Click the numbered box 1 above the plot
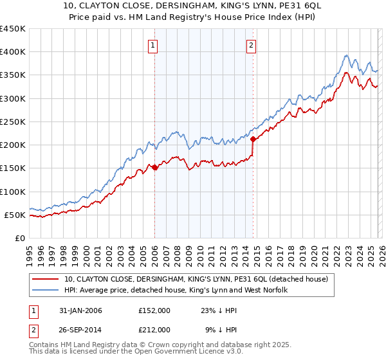[x=153, y=45]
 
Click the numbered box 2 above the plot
[x=250, y=45]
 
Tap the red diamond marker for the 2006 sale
[x=154, y=167]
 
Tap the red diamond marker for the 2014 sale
[x=253, y=139]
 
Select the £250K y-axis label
[x=13, y=122]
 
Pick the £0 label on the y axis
[x=20, y=238]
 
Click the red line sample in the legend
[x=46, y=279]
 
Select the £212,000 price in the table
[x=154, y=329]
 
